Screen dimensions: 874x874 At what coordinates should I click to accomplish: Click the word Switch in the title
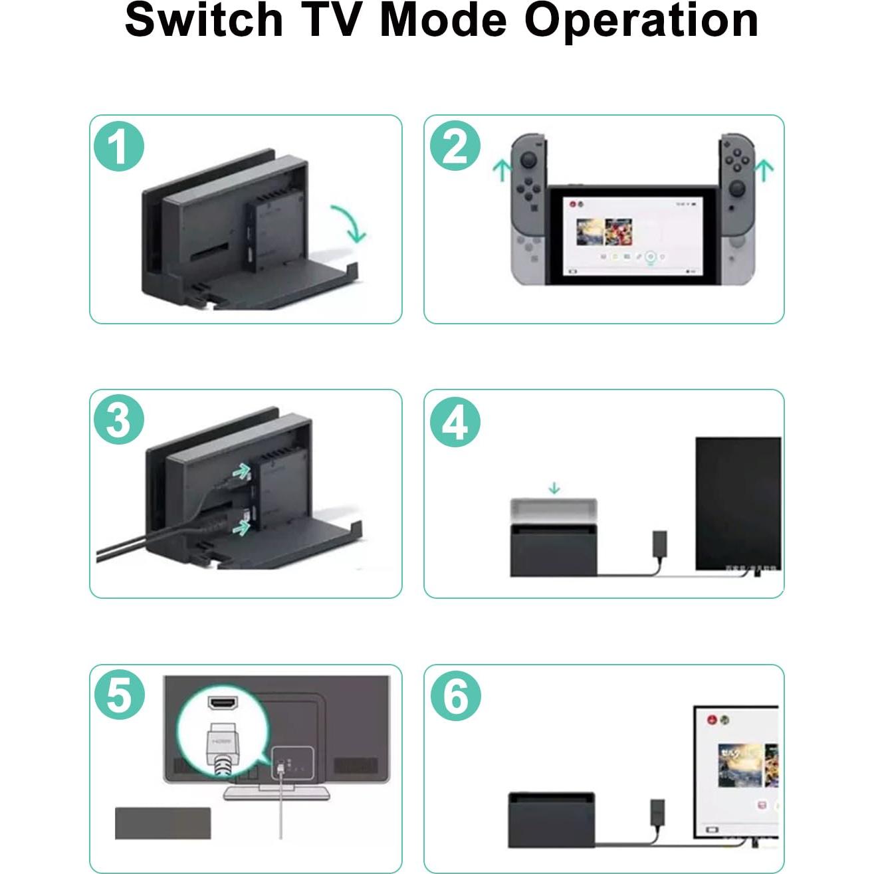point(204,20)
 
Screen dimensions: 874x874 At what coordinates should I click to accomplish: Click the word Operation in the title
point(641,20)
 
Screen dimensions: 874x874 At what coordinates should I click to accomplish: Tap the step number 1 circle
point(119,146)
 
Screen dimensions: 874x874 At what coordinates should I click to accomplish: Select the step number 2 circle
point(455,146)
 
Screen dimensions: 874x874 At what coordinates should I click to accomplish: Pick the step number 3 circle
point(119,420)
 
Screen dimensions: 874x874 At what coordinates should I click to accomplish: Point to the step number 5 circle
point(119,695)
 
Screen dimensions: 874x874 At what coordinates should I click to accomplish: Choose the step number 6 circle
point(455,695)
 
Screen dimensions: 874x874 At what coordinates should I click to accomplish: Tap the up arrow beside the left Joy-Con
point(501,169)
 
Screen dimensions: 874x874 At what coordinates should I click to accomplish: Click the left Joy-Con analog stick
point(528,160)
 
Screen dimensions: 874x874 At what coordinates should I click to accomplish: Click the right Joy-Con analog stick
point(738,189)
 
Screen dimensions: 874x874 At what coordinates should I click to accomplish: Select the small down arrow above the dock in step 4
point(554,489)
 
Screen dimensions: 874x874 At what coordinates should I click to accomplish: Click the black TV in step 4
point(738,503)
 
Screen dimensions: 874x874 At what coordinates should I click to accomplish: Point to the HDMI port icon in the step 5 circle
point(223,702)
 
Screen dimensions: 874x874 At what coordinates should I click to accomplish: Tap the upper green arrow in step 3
point(241,471)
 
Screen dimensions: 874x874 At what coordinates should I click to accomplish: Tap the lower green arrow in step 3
point(242,527)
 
